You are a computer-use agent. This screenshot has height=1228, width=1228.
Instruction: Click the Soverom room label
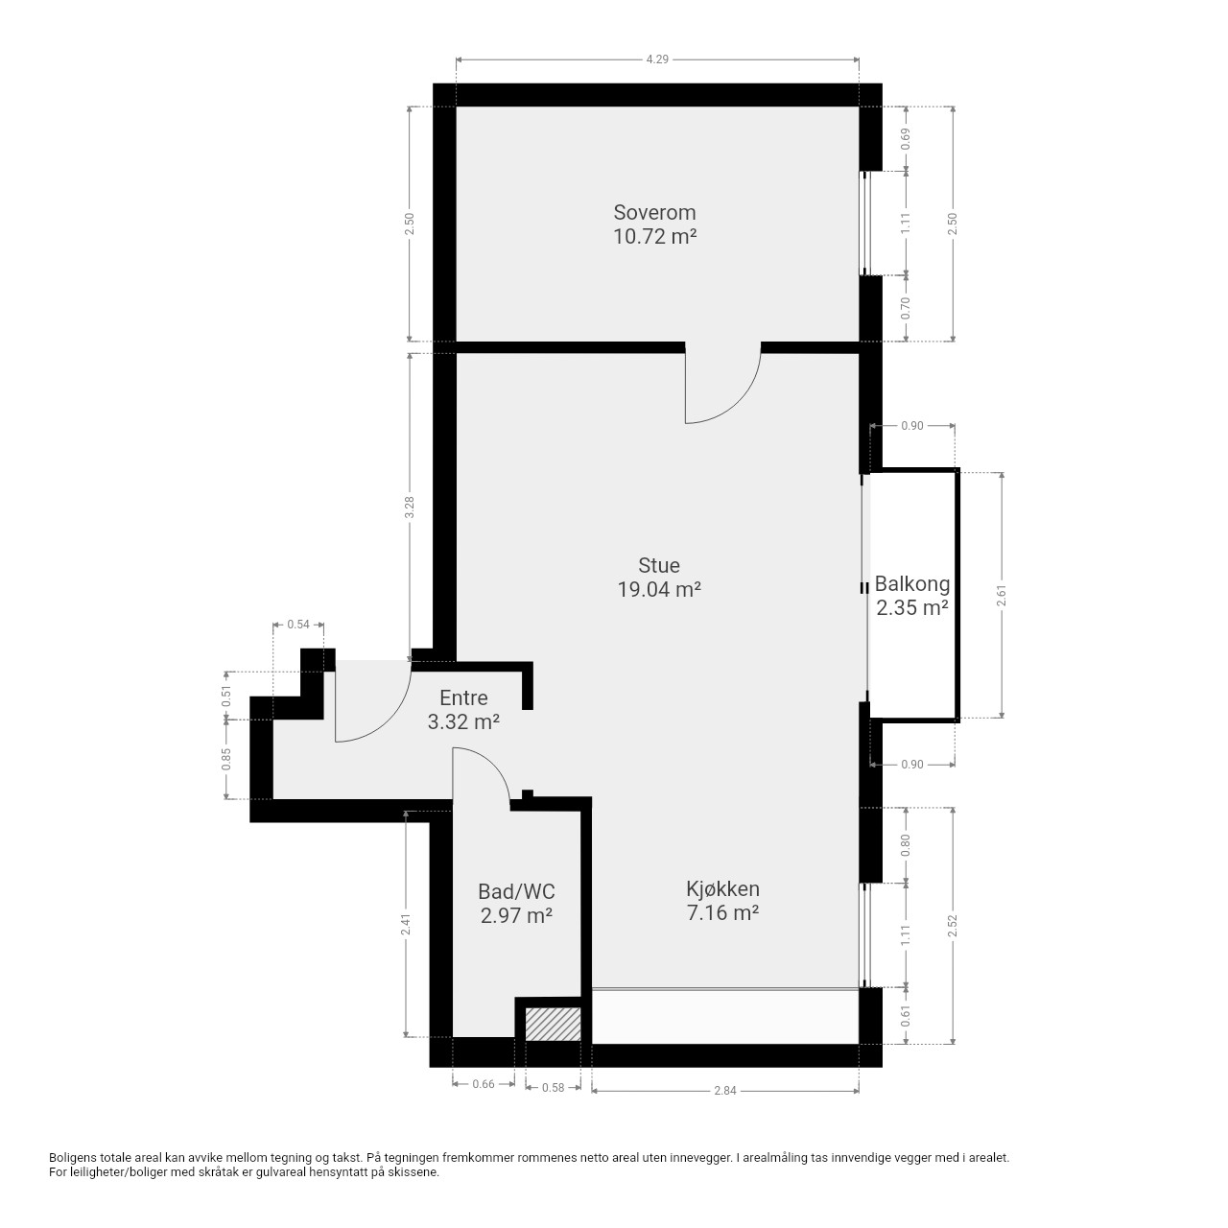click(654, 212)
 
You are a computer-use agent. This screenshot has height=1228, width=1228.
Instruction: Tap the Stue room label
click(659, 565)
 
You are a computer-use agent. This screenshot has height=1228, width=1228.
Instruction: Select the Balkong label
click(912, 583)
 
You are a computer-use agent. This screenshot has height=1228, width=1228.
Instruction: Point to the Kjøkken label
click(722, 889)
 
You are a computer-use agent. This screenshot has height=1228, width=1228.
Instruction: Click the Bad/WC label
click(516, 891)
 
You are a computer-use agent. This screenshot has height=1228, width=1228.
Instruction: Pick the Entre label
click(463, 697)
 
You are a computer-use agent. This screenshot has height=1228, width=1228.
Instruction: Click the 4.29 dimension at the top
click(657, 59)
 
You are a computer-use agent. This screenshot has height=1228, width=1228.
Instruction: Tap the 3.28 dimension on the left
click(410, 508)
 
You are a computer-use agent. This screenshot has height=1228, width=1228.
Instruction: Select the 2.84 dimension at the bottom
click(725, 1091)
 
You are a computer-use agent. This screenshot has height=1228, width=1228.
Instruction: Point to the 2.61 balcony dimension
click(1002, 595)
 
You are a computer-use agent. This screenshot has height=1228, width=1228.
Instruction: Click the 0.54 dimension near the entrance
click(298, 625)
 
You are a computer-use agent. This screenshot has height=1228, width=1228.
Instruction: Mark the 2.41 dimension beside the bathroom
click(405, 925)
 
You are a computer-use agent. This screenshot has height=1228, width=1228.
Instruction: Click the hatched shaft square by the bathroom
click(554, 1024)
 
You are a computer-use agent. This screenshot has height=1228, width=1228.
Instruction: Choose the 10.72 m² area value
click(654, 236)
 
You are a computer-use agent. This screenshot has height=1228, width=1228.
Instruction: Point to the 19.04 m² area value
click(659, 589)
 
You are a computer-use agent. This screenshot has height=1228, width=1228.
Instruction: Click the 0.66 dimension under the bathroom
click(483, 1084)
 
